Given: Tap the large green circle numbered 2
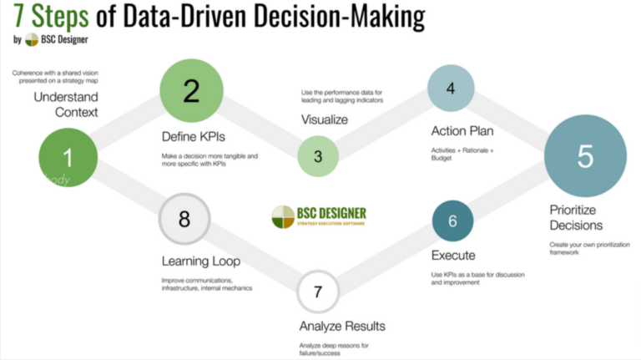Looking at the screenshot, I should click(191, 90).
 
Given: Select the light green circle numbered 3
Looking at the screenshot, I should click(318, 155).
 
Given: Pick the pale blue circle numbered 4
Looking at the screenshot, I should click(451, 88).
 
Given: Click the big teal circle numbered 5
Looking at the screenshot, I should click(585, 155).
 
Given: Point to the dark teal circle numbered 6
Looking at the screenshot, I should click(453, 221).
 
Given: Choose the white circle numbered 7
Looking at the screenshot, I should click(318, 292).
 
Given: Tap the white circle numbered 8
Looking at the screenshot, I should click(184, 220).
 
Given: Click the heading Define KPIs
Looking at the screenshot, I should click(194, 135).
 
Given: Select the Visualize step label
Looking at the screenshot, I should click(325, 119).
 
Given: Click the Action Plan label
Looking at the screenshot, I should click(462, 131).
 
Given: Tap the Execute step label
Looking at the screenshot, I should click(453, 255).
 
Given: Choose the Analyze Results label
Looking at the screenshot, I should click(342, 326).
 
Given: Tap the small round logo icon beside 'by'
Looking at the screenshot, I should click(32, 39).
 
